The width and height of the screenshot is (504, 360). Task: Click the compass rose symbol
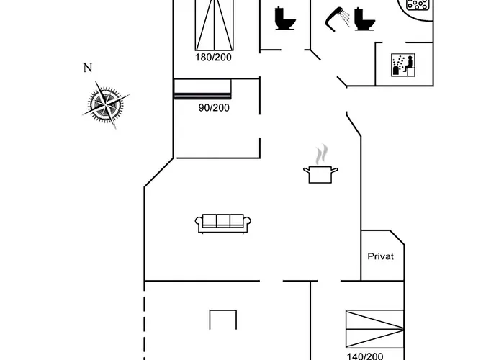[105, 105]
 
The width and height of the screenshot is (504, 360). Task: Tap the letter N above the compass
[88, 68]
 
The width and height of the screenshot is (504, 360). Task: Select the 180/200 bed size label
[213, 57]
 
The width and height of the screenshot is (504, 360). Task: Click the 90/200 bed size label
[214, 108]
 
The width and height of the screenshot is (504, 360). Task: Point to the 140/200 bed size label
[365, 356]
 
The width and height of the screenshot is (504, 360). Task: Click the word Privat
[381, 256]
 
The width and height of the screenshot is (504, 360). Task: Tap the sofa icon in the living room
[223, 223]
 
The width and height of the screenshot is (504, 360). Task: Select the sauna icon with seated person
[403, 65]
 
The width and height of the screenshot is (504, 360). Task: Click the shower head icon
[333, 19]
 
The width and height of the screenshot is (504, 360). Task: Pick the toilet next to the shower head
[364, 19]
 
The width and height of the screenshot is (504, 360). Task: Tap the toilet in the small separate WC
[285, 18]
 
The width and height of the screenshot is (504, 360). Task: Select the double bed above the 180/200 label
[215, 25]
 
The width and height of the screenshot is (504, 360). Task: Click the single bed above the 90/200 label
[202, 89]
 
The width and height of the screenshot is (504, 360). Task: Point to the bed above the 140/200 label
[375, 329]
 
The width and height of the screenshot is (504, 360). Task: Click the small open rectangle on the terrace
[223, 310]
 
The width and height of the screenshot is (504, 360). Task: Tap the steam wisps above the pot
[322, 155]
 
